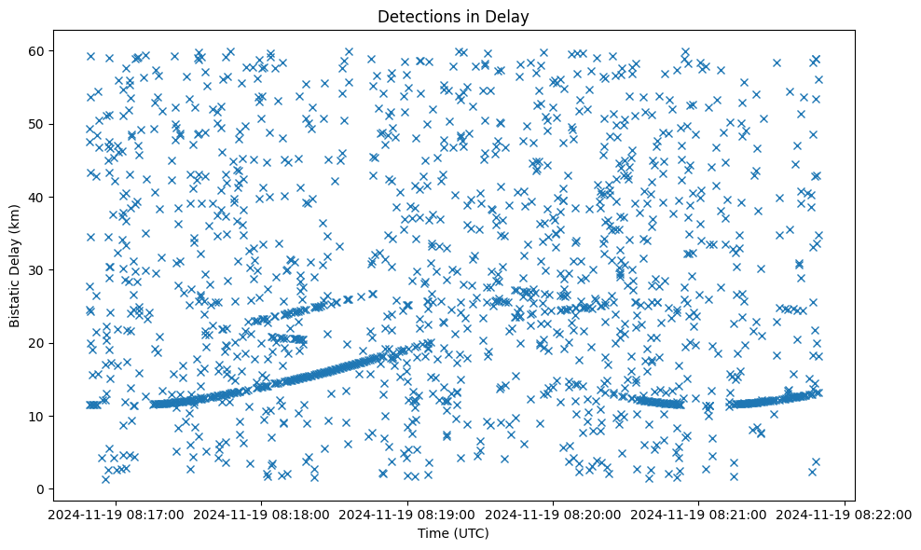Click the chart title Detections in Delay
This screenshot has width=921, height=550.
[453, 16]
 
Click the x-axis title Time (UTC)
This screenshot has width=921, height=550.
[453, 533]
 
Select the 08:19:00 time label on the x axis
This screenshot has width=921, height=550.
[407, 514]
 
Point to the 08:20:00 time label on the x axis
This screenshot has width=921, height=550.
[554, 514]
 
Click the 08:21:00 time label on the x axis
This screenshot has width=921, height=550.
[699, 514]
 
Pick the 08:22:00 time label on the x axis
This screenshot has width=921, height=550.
[845, 514]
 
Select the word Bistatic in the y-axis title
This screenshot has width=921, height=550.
[16, 302]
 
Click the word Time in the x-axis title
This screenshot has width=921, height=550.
[433, 533]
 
